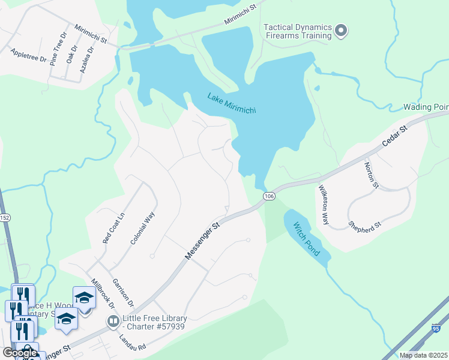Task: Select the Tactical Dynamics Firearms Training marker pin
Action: (342, 31)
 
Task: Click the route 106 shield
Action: (269, 196)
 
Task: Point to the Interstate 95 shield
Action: (436, 328)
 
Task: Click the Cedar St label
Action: (395, 137)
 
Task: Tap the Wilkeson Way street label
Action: (323, 205)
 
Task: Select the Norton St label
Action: (372, 175)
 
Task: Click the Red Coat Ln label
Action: (113, 227)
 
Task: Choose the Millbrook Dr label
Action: (102, 294)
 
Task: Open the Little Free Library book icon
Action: (112, 322)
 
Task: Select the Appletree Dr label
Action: (29, 56)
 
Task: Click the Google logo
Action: (20, 353)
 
